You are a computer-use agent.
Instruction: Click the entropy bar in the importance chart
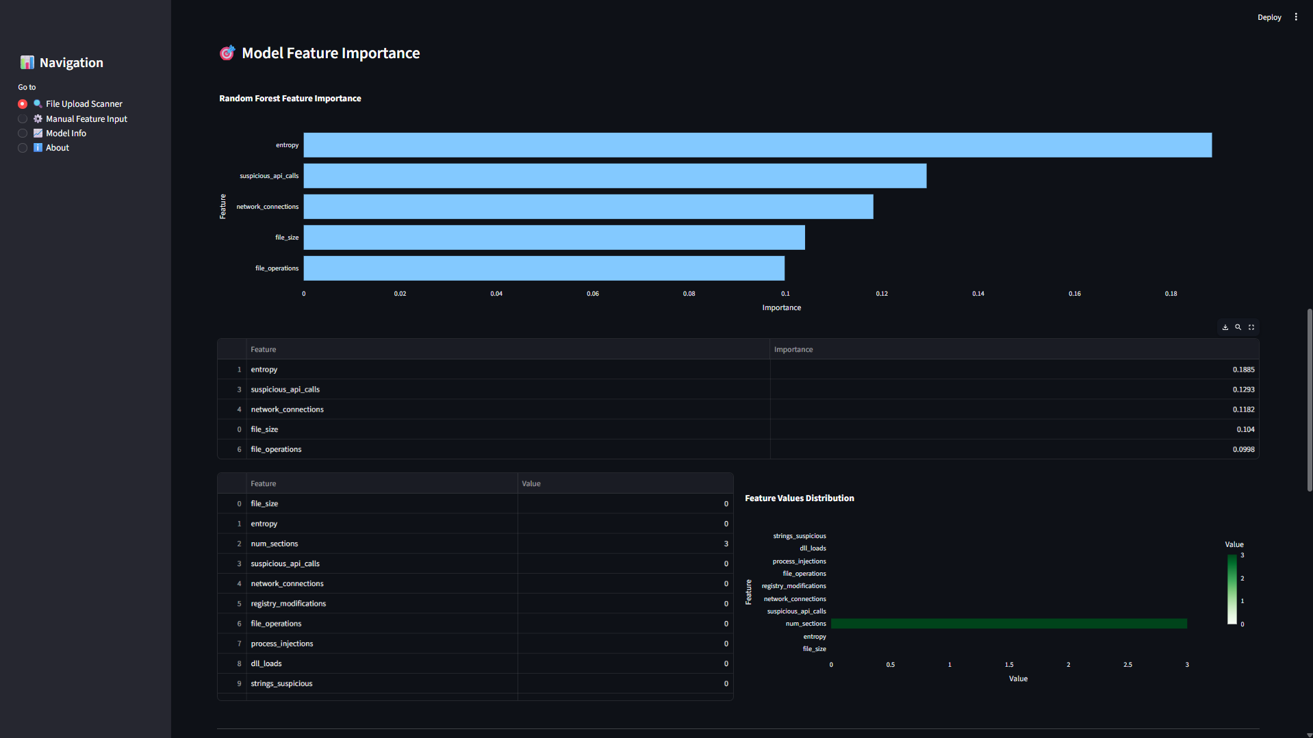point(757,145)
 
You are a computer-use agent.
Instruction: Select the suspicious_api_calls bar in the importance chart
point(615,176)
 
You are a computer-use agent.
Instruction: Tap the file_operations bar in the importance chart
point(544,268)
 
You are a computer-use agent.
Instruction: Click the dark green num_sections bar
point(1009,624)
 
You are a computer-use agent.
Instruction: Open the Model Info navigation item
point(66,133)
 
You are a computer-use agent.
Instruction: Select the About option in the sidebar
point(58,148)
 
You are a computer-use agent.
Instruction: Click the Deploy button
point(1269,18)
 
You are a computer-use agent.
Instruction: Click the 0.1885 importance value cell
point(1243,370)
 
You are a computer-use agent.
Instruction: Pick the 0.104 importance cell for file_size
point(1245,430)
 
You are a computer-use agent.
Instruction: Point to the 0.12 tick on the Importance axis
point(882,294)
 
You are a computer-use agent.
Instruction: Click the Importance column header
point(793,350)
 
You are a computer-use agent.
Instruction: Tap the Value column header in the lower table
point(531,484)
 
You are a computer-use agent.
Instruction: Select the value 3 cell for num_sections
point(726,544)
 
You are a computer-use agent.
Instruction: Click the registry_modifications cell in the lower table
point(288,604)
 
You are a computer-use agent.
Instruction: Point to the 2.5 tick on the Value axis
point(1127,665)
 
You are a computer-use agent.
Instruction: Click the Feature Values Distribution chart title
point(800,498)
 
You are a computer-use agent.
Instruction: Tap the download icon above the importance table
point(1225,327)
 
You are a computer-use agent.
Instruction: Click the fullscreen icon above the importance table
point(1251,327)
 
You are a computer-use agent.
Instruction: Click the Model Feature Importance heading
point(331,53)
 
